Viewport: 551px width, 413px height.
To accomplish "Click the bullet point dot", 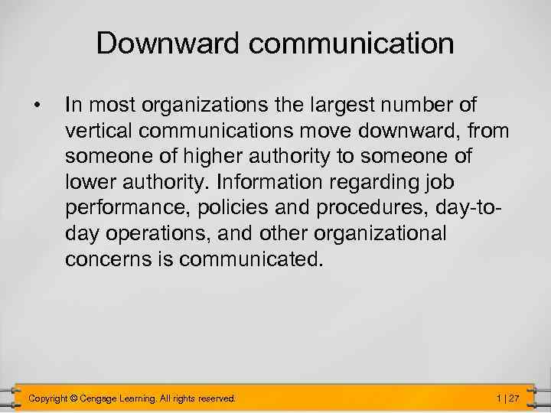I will [x=36, y=102].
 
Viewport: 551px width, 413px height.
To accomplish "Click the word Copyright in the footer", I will [x=47, y=398].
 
